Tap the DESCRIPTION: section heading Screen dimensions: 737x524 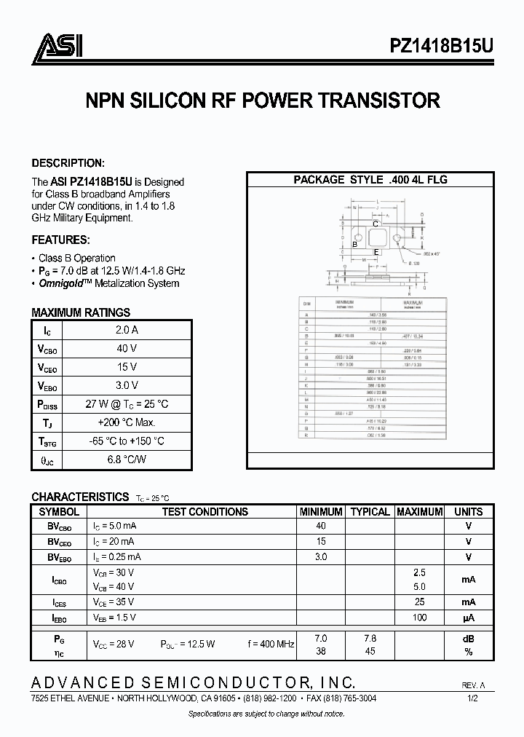point(68,163)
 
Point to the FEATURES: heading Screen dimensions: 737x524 point(61,240)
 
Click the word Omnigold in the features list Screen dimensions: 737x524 point(63,283)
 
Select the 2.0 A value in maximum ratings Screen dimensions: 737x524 point(127,330)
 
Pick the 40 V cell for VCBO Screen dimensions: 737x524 point(127,348)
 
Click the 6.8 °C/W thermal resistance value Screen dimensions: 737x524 point(127,459)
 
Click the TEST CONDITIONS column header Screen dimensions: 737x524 point(205,512)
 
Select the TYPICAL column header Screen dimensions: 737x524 point(370,512)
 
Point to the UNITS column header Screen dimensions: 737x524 point(468,512)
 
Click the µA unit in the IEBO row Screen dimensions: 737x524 point(468,618)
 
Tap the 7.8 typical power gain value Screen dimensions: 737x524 point(370,638)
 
